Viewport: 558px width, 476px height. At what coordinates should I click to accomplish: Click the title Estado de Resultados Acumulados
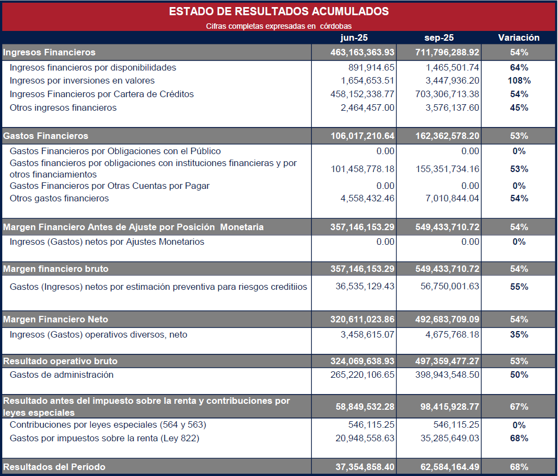point(279,11)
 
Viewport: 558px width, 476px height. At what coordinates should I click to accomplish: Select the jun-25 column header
point(354,38)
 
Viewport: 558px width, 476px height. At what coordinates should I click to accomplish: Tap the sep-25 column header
point(439,38)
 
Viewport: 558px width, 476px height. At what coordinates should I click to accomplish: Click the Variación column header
point(519,38)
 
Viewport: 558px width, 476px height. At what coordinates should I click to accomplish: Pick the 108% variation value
point(519,81)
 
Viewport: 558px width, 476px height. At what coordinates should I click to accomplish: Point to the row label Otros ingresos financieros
point(63,107)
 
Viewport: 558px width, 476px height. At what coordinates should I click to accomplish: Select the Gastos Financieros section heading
point(46,136)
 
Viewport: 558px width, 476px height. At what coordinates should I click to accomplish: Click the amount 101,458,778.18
point(362,169)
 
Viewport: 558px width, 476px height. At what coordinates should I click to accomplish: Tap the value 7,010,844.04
point(452,199)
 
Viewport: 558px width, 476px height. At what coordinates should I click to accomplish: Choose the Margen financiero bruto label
point(56,269)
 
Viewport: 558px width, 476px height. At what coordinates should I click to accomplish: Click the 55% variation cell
point(519,287)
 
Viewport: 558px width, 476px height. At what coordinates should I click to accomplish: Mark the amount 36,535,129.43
point(365,287)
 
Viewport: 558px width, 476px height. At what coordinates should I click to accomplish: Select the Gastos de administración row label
point(61,375)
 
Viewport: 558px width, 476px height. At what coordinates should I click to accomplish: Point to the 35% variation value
point(519,335)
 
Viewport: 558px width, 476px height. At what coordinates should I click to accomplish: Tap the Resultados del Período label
point(54,467)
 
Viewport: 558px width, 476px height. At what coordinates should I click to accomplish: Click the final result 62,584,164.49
point(449,467)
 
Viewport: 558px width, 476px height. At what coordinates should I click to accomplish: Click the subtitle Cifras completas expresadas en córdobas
point(279,26)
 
